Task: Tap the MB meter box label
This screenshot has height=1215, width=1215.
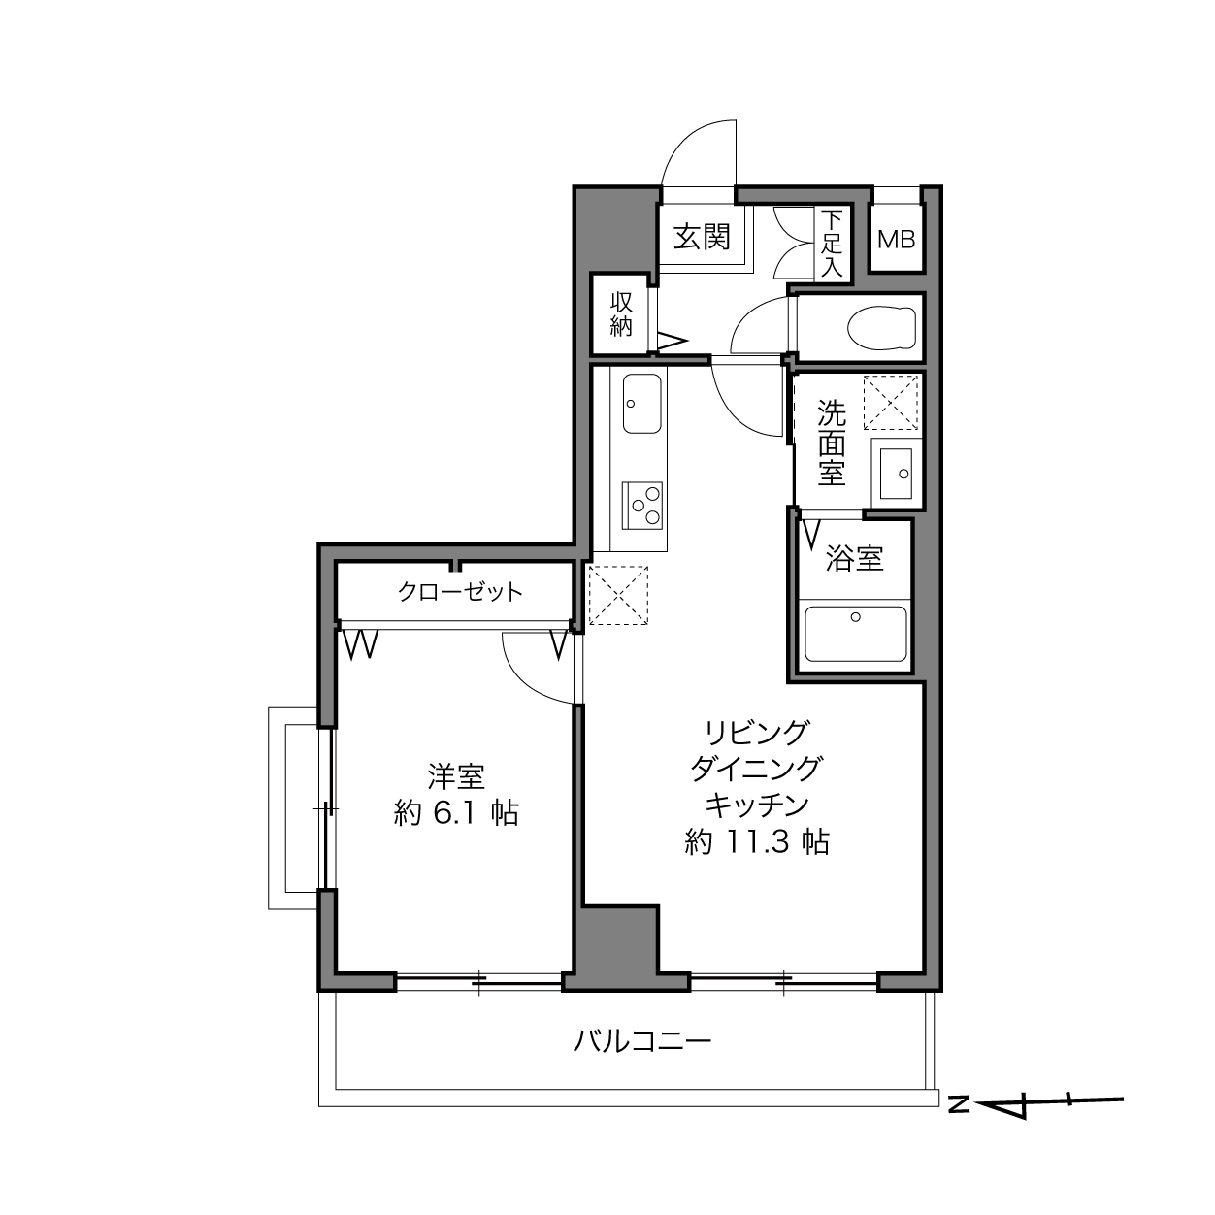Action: pos(897,239)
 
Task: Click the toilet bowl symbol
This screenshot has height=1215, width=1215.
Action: pos(881,327)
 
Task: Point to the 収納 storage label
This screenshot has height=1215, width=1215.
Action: pos(621,314)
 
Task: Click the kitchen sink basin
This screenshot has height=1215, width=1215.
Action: pos(641,404)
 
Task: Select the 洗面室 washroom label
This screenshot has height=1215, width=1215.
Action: pos(831,443)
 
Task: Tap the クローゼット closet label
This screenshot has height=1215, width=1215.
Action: pos(460,592)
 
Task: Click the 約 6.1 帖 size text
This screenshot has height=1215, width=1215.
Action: pos(456,813)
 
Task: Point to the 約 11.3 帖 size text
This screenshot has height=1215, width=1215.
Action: pos(757,841)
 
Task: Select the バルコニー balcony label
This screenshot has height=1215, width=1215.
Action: pos(641,1043)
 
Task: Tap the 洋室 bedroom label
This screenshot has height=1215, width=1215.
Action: pos(456,776)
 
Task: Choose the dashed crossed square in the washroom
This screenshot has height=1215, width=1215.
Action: pos(891,402)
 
